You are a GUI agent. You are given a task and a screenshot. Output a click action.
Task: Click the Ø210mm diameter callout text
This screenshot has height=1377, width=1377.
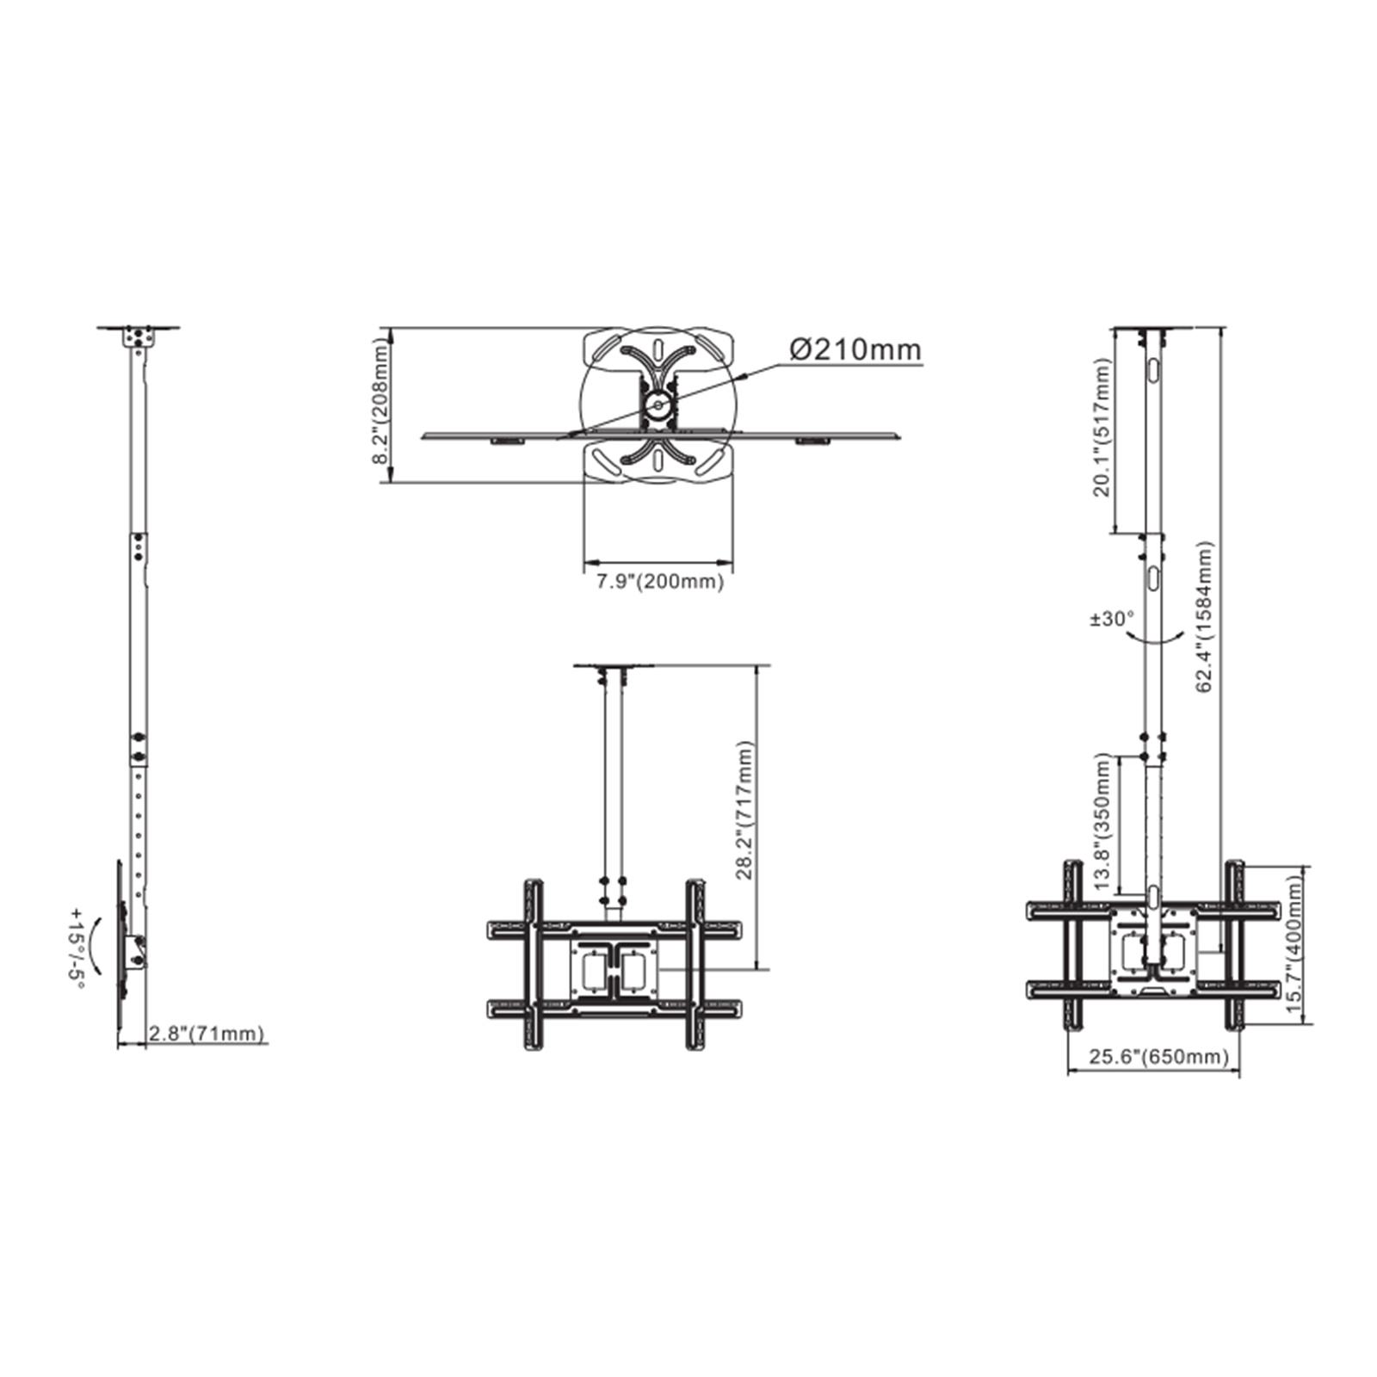click(x=855, y=349)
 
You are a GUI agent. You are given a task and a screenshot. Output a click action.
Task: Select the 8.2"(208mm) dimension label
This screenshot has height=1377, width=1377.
click(x=380, y=401)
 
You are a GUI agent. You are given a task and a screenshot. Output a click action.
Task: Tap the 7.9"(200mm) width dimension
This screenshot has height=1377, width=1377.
click(x=660, y=581)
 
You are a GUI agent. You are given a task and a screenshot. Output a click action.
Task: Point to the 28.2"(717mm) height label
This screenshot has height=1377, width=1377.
click(x=745, y=810)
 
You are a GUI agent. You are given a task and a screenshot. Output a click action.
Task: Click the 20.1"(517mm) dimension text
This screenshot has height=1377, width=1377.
click(x=1102, y=428)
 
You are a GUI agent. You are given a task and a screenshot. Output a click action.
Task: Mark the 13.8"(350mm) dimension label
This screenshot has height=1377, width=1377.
click(x=1102, y=824)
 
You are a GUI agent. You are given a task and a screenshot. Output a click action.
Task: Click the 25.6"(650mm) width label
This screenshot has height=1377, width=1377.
click(x=1159, y=1056)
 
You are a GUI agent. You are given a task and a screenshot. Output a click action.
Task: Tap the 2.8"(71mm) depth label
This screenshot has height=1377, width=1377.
click(x=207, y=1033)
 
